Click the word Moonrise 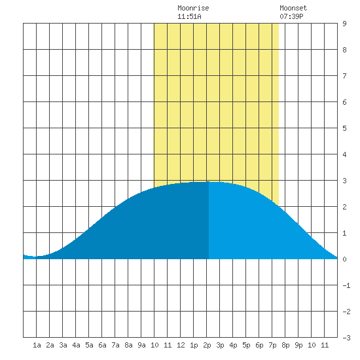click(x=193, y=8)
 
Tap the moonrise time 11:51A click(x=189, y=16)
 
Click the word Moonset click(x=293, y=8)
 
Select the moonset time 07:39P click(x=291, y=16)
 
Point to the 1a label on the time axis click(x=37, y=345)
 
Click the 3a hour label click(x=63, y=345)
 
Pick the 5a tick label click(x=89, y=345)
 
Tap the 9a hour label click(x=141, y=345)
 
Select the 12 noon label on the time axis click(x=181, y=345)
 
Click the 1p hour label click(x=194, y=345)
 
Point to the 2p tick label click(x=207, y=345)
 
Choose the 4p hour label click(x=233, y=345)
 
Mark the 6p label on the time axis click(x=259, y=345)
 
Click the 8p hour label click(x=285, y=345)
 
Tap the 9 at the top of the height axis click(x=344, y=24)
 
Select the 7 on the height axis click(x=344, y=76)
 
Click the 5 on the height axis click(x=344, y=128)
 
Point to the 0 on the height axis click(x=344, y=259)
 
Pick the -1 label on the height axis click(x=346, y=285)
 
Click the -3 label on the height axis click(x=346, y=338)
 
